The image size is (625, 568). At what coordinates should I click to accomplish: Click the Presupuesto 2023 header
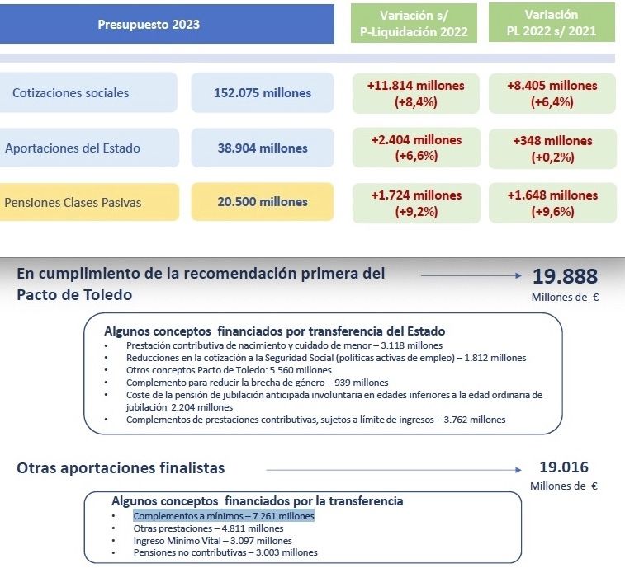pyautogui.click(x=149, y=24)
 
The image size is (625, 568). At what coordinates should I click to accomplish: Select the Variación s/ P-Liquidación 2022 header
pyautogui.click(x=414, y=24)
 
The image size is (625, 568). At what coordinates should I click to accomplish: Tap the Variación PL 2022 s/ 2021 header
pyautogui.click(x=552, y=24)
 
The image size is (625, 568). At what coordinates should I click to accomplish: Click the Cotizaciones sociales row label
pyautogui.click(x=71, y=93)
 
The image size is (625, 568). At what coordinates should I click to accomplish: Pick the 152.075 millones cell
pyautogui.click(x=263, y=93)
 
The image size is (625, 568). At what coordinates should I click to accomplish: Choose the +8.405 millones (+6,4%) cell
pyautogui.click(x=552, y=93)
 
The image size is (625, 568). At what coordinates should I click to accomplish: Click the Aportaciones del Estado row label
pyautogui.click(x=73, y=148)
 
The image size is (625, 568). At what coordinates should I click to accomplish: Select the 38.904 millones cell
pyautogui.click(x=263, y=148)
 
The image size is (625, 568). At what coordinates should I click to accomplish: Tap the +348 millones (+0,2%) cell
pyautogui.click(x=552, y=148)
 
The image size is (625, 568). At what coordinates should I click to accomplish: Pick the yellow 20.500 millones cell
pyautogui.click(x=263, y=202)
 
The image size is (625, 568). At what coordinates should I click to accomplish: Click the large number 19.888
pyautogui.click(x=565, y=277)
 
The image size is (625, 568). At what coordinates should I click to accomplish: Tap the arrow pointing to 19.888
pyautogui.click(x=471, y=277)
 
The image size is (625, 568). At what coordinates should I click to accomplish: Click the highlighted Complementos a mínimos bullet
pyautogui.click(x=223, y=516)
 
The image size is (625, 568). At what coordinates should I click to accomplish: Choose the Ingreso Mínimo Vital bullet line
pyautogui.click(x=212, y=540)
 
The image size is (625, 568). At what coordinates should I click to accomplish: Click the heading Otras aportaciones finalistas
pyautogui.click(x=121, y=468)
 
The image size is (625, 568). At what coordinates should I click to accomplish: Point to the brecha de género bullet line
pyautogui.click(x=257, y=383)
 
